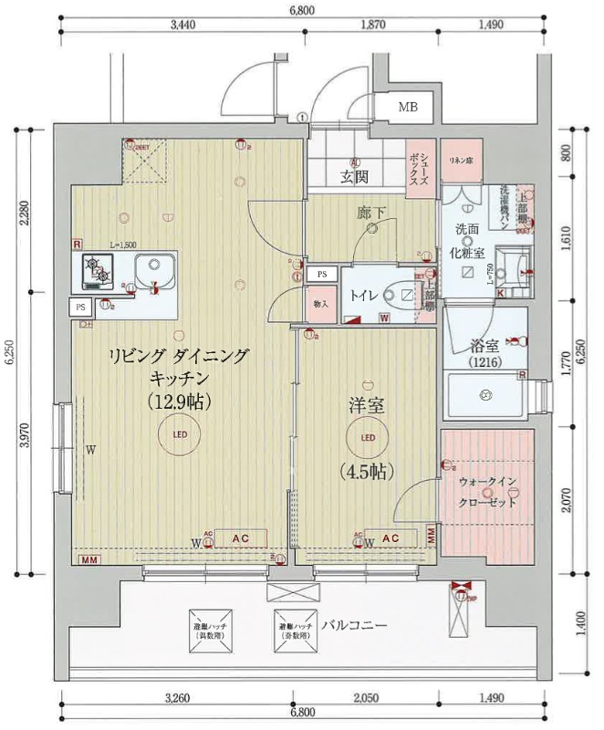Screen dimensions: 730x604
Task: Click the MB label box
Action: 408,108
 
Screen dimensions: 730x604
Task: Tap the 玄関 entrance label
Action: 354,177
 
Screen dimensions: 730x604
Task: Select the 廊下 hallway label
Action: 370,214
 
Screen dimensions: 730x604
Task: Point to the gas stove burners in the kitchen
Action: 98,269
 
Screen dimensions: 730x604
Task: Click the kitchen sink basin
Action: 154,270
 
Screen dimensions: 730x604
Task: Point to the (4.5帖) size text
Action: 367,471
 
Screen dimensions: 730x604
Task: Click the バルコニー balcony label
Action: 354,626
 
